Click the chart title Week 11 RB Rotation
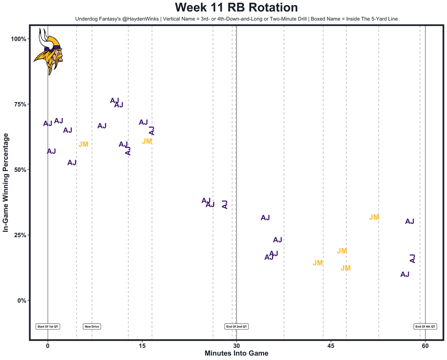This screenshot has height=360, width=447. pyautogui.click(x=236, y=8)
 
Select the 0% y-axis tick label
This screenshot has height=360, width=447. pyautogui.click(x=22, y=300)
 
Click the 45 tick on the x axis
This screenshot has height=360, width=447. pyautogui.click(x=331, y=346)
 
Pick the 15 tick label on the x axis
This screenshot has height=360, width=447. pyautogui.click(x=142, y=346)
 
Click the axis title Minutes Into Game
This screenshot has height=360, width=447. pyautogui.click(x=236, y=353)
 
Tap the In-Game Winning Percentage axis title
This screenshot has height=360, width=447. pyautogui.click(x=6, y=183)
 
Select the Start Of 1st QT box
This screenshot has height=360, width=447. pyautogui.click(x=48, y=326)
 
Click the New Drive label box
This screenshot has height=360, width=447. pyautogui.click(x=92, y=326)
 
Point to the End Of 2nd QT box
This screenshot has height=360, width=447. pyautogui.click(x=237, y=326)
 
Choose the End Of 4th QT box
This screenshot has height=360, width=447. pyautogui.click(x=425, y=326)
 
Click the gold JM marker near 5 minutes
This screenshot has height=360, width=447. pyautogui.click(x=83, y=145)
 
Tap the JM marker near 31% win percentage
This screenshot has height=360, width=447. pyautogui.click(x=374, y=217)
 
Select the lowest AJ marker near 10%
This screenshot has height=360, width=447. pyautogui.click(x=405, y=274)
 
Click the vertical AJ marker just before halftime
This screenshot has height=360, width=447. pyautogui.click(x=225, y=205)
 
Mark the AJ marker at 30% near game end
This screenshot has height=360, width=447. pyautogui.click(x=410, y=221)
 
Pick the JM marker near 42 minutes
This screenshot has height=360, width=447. pyautogui.click(x=318, y=263)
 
